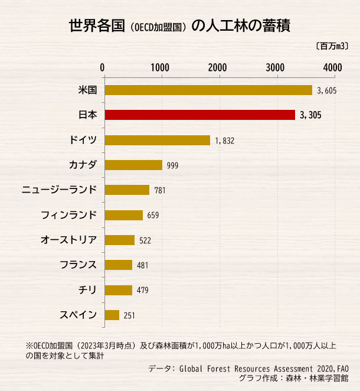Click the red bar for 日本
199,115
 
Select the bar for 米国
208,90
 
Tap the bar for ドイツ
157,140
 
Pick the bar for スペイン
112,315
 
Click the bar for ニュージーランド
127,190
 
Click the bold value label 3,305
310,115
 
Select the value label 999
172,165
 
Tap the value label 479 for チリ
142,291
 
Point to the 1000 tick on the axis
161,67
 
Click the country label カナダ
83,165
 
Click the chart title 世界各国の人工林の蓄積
179,27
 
